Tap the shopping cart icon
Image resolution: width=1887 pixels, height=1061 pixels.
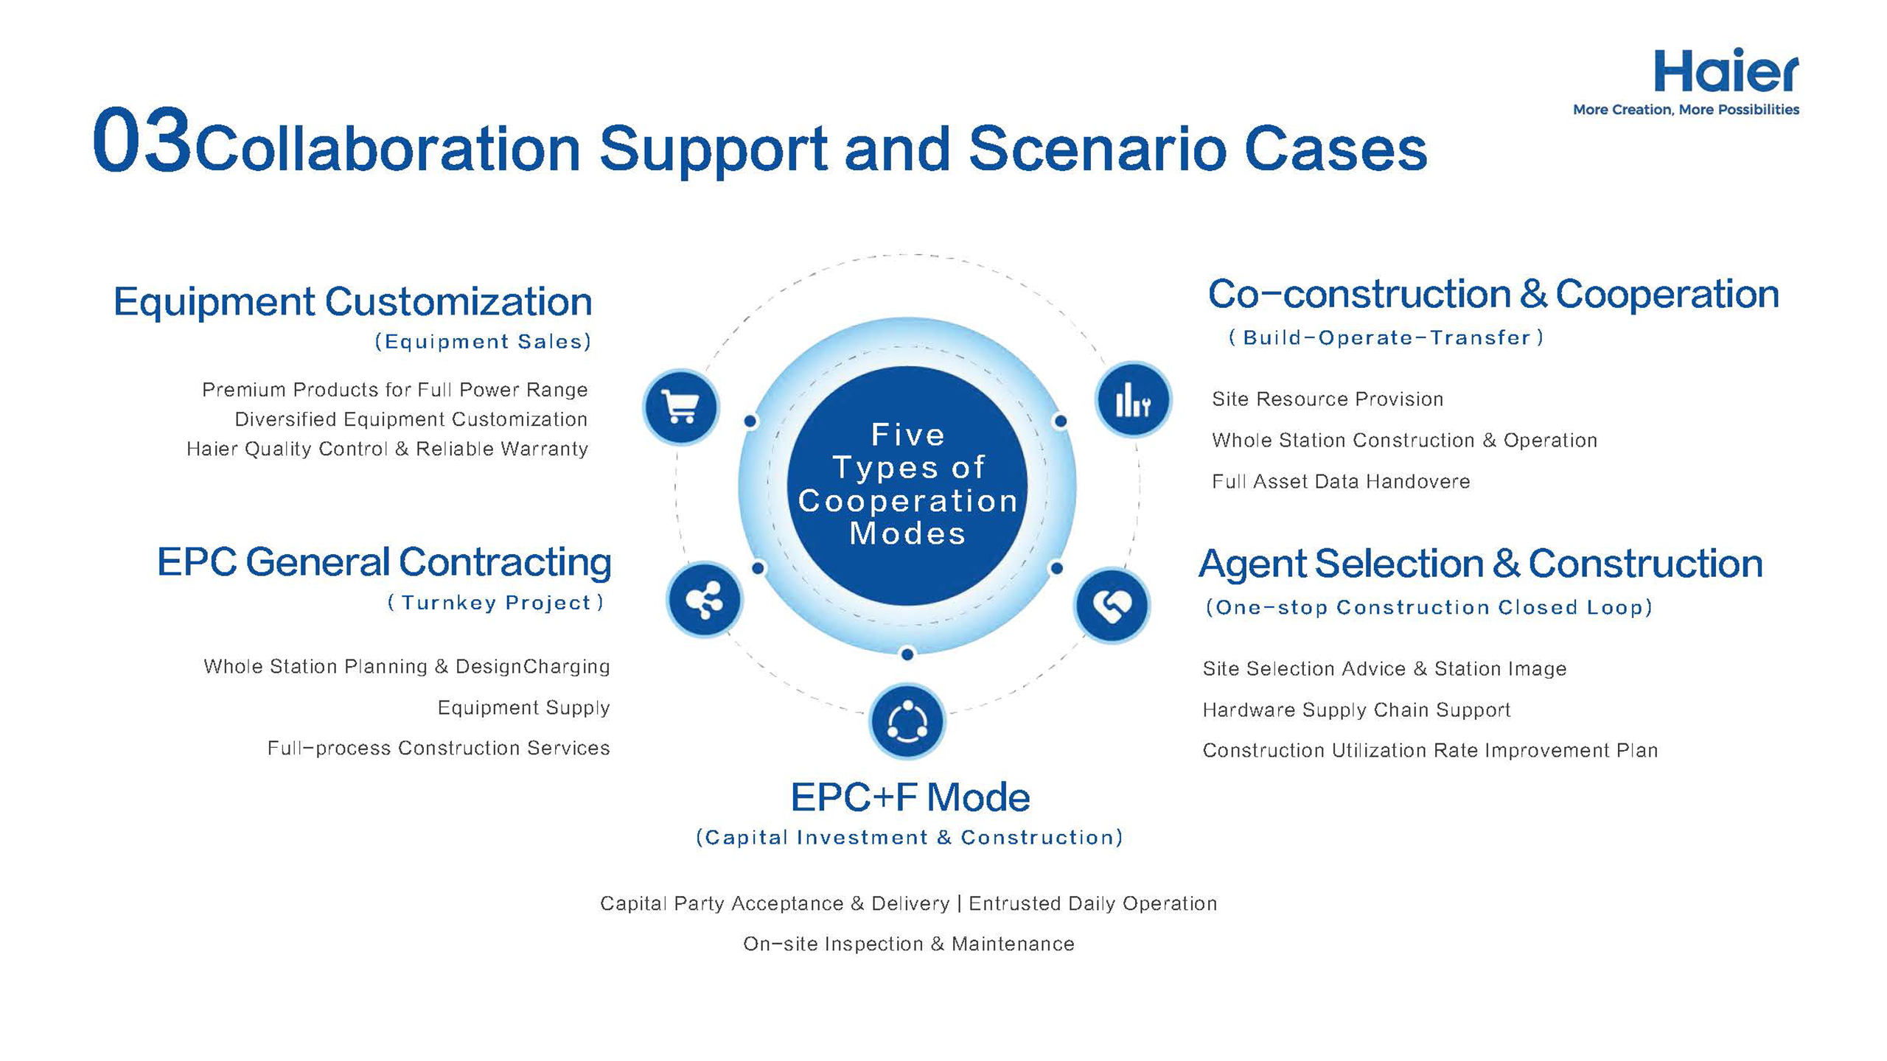(680, 407)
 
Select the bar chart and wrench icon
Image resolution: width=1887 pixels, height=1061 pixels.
(1133, 400)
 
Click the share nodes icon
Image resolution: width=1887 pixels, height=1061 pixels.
(704, 600)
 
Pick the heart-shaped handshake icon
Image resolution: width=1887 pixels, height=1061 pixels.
(1112, 606)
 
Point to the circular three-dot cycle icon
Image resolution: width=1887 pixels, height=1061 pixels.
(907, 721)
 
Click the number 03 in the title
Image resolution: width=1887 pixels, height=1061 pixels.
(142, 140)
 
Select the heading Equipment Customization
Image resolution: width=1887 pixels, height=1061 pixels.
(352, 302)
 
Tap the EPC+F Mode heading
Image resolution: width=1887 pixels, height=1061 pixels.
(910, 797)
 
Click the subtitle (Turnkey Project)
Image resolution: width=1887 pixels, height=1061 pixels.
(495, 603)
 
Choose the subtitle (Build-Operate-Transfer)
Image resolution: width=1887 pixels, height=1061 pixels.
(1386, 337)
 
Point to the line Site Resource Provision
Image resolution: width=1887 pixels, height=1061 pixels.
(1328, 399)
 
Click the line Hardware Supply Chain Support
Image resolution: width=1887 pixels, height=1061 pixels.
(1356, 710)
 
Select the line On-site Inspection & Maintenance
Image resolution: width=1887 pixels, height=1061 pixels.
(909, 944)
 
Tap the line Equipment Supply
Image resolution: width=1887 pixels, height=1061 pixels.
(523, 708)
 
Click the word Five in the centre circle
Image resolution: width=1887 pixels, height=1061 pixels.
(908, 435)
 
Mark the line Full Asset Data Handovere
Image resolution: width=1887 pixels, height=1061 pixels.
(1341, 482)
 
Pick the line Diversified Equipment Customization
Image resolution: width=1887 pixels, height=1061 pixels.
(411, 419)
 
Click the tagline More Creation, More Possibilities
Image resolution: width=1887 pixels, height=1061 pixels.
(1687, 110)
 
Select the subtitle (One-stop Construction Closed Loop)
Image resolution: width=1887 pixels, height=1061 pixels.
(1429, 607)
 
